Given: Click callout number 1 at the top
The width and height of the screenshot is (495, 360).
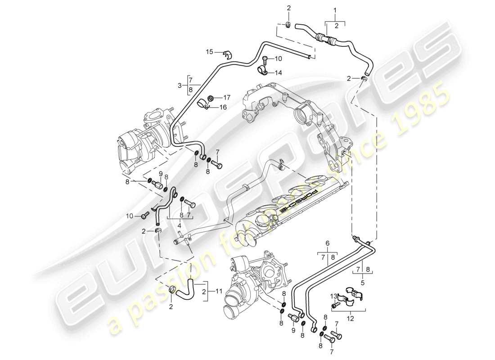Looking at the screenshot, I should [x=334, y=9].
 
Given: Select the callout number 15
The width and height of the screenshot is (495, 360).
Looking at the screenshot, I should [x=209, y=52].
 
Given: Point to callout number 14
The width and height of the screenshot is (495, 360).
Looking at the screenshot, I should [x=279, y=72].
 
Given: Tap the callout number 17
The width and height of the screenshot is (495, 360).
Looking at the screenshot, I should [x=227, y=97].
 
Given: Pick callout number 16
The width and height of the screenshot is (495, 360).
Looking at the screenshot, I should [x=224, y=107].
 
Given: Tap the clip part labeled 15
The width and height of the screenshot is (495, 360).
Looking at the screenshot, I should [x=228, y=55].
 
